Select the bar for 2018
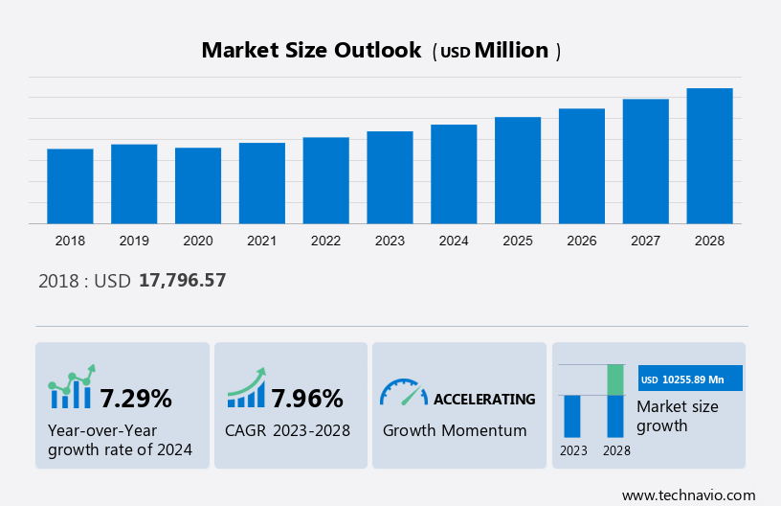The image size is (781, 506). coord(70,187)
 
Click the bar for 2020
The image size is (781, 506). coord(198,186)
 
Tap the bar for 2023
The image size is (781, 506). coord(390,178)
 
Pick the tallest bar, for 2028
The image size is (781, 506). coord(709,156)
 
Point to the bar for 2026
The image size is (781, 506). coord(582,167)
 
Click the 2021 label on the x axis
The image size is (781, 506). coord(262,241)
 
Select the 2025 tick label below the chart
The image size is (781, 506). coord(518,241)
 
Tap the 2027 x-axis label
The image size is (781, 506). coord(646,241)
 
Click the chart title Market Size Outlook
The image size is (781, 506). coord(311,51)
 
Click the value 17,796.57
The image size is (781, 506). coord(182,281)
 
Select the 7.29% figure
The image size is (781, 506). coord(136,398)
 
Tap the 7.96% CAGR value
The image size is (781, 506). coord(306,398)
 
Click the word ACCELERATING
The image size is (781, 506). coord(484,399)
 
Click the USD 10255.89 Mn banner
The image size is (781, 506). coord(690,379)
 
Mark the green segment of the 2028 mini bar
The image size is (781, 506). coord(615,379)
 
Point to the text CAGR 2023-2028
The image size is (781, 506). coord(287,430)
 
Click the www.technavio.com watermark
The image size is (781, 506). coord(688,494)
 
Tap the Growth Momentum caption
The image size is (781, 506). coord(455,430)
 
